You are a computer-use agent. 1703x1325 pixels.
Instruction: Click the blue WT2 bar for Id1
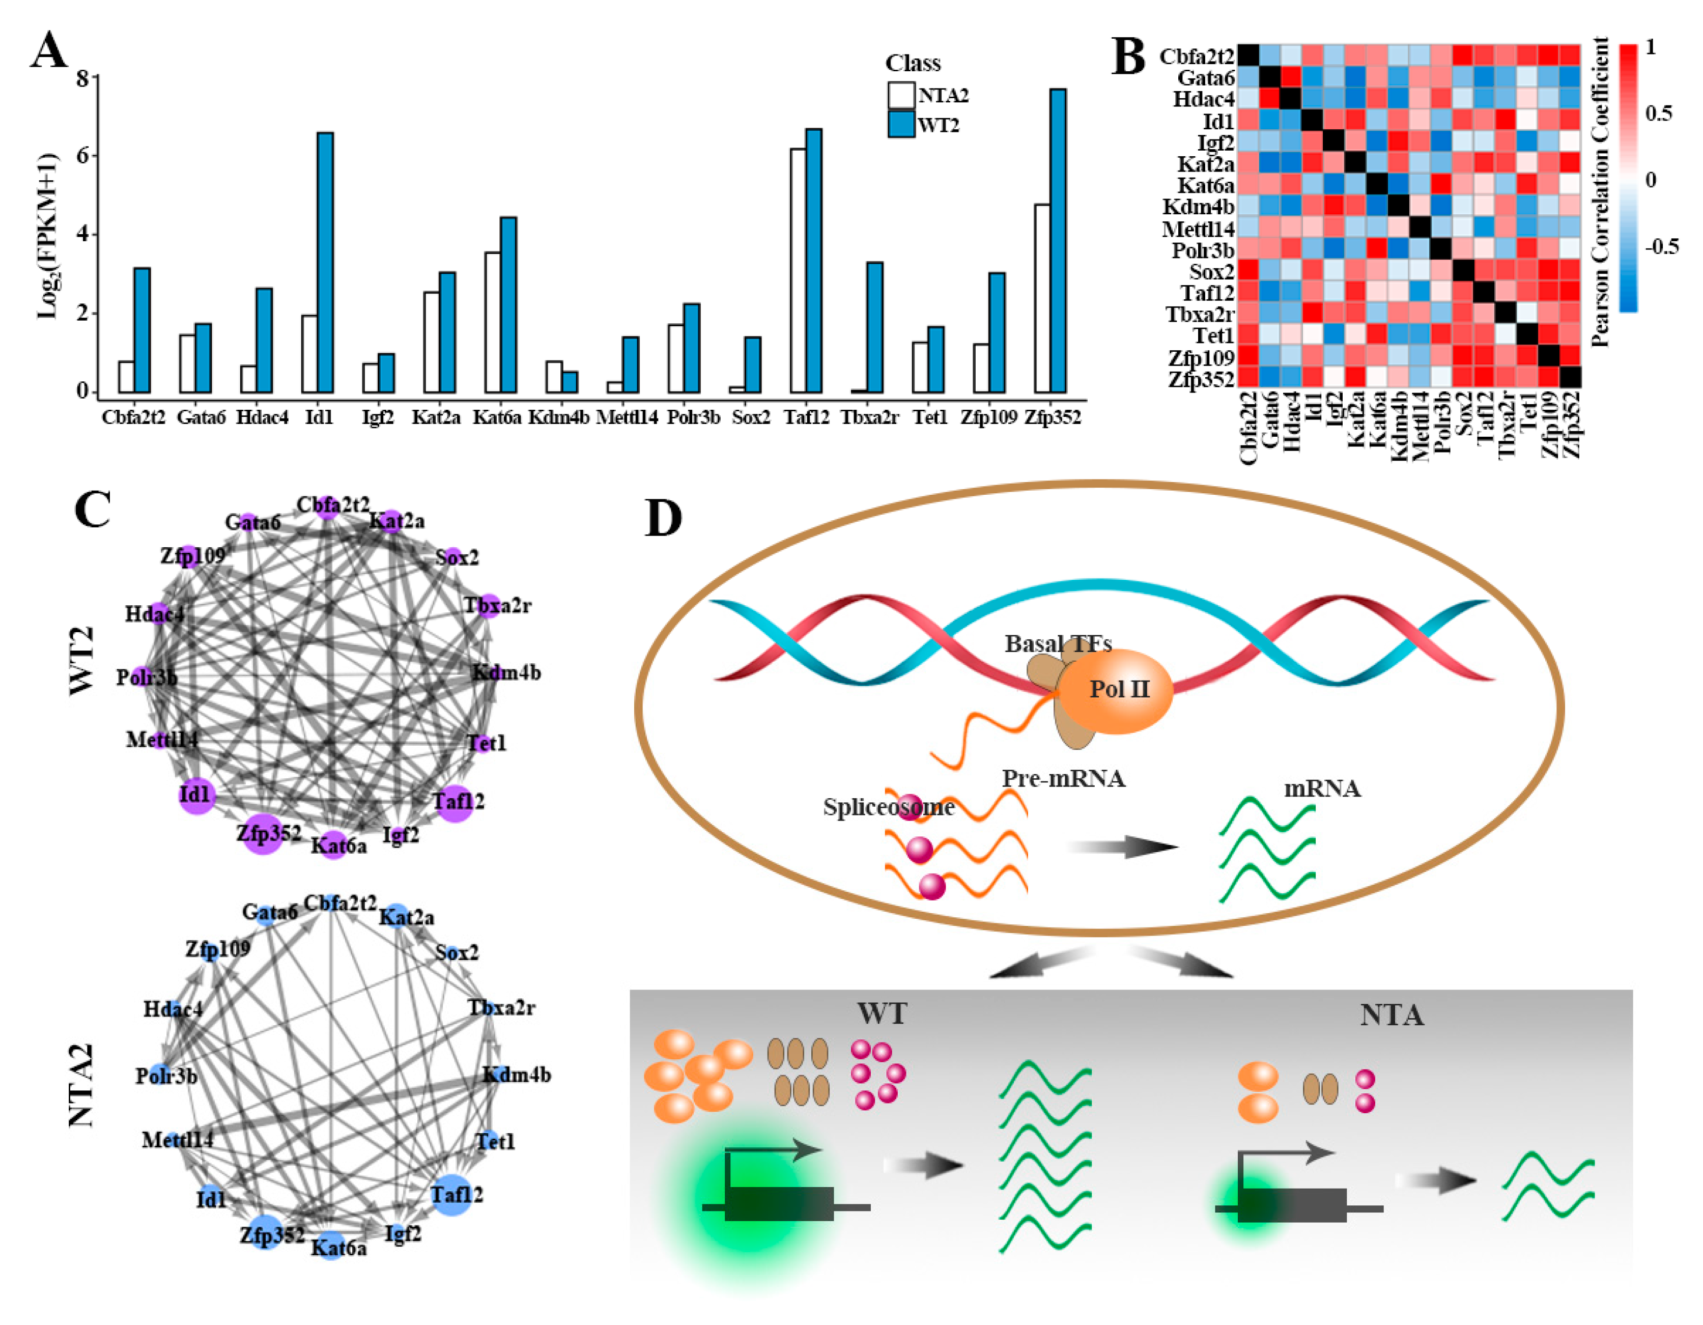click(x=325, y=263)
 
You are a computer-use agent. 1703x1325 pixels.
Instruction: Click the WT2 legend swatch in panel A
click(x=901, y=125)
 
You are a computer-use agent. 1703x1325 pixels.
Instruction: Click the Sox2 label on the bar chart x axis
click(x=751, y=418)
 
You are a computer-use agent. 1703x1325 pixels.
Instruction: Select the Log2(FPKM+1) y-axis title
click(x=48, y=236)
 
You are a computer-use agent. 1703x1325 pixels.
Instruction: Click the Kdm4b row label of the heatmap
click(x=1198, y=208)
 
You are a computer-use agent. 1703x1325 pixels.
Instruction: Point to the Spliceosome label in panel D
click(x=888, y=807)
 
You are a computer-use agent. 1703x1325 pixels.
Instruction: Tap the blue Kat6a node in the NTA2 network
click(x=331, y=1246)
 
